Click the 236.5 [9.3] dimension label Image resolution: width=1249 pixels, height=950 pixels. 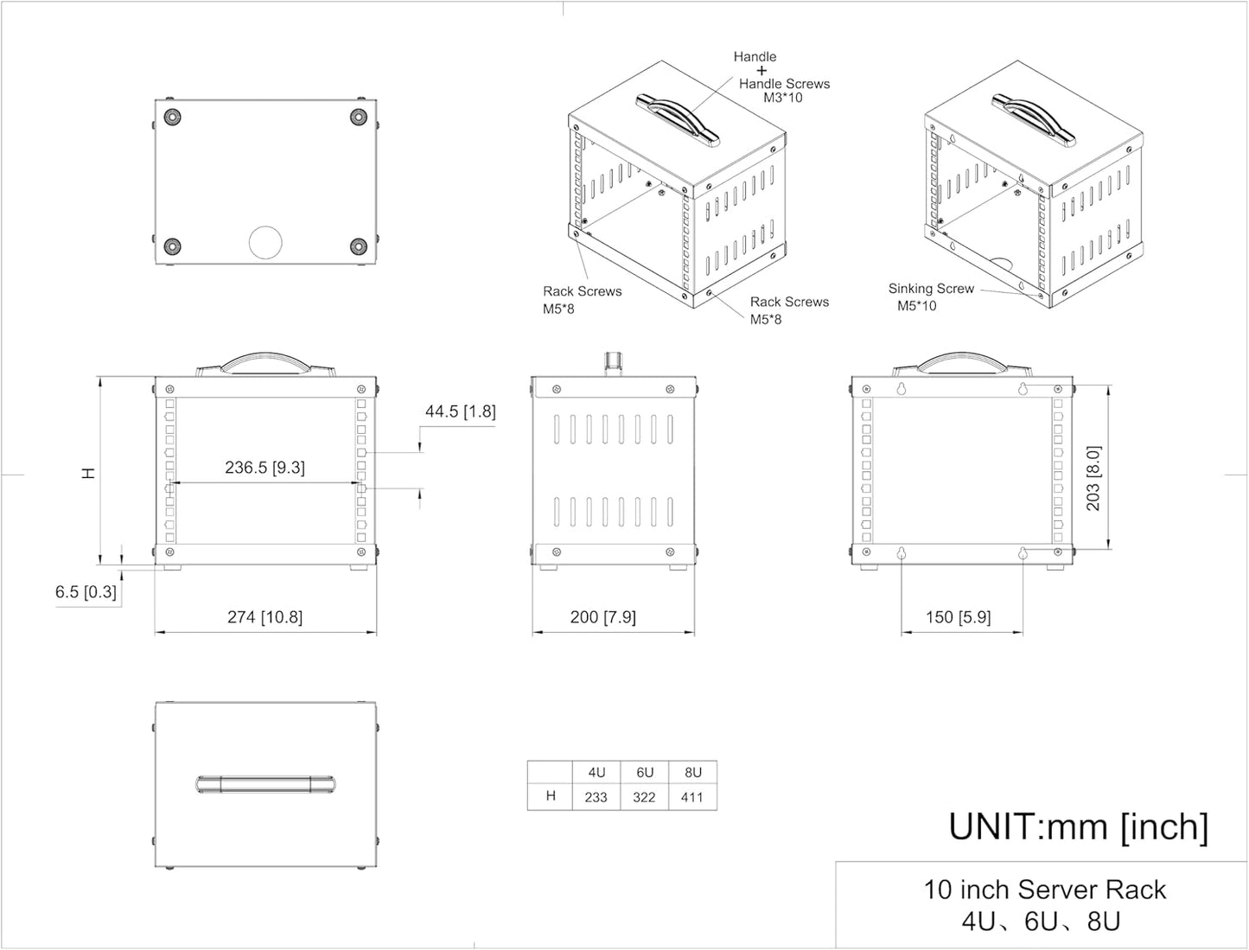pyautogui.click(x=264, y=468)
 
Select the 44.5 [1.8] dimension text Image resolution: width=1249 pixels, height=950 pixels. pyautogui.click(x=460, y=411)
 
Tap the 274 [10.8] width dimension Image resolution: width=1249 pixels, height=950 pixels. pyautogui.click(x=264, y=617)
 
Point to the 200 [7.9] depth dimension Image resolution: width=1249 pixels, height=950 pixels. pyautogui.click(x=602, y=617)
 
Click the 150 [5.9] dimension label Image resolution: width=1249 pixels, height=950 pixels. pyautogui.click(x=958, y=617)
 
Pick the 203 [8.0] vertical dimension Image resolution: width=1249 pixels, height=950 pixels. pyautogui.click(x=1093, y=478)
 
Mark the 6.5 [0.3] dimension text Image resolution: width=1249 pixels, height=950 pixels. pyautogui.click(x=86, y=592)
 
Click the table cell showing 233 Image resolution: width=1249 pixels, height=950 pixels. pyautogui.click(x=596, y=797)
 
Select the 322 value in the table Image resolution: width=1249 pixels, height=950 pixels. pyautogui.click(x=644, y=797)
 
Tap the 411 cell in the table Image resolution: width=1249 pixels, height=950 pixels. pyautogui.click(x=691, y=797)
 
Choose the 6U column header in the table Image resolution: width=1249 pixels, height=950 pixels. pyautogui.click(x=644, y=773)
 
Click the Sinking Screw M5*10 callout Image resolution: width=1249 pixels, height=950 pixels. pyautogui.click(x=930, y=297)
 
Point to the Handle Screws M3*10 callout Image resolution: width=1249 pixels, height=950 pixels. pyautogui.click(x=783, y=90)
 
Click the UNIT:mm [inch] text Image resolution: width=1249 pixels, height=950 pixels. pyautogui.click(x=1078, y=826)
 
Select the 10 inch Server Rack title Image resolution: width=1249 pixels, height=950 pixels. pyautogui.click(x=1044, y=890)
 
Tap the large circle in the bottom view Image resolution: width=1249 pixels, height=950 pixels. pyautogui.click(x=265, y=243)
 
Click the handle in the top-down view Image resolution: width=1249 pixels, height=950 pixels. pyautogui.click(x=265, y=785)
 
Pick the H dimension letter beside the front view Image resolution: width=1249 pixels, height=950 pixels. pyautogui.click(x=88, y=474)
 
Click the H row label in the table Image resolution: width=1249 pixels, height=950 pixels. pyautogui.click(x=551, y=796)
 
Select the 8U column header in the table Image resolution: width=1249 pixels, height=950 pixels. pyautogui.click(x=692, y=773)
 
